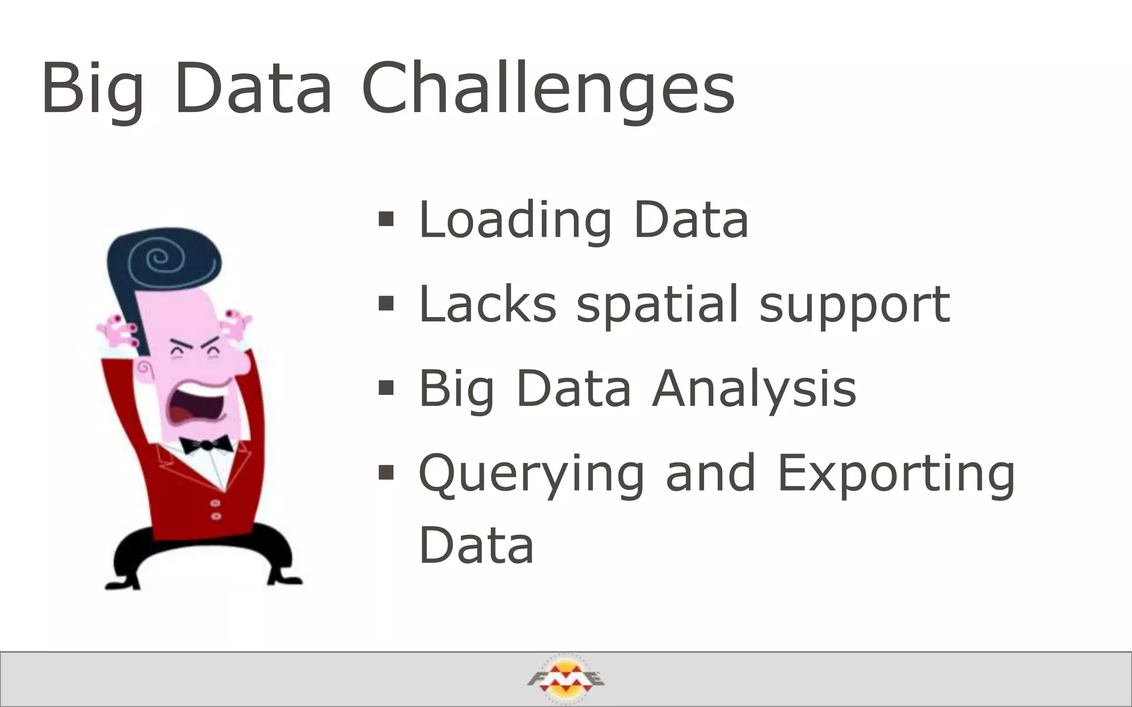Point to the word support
click(x=855, y=305)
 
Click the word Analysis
click(x=754, y=389)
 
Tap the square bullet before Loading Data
click(x=386, y=220)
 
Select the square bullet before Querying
click(x=386, y=473)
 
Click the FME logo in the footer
click(x=565, y=679)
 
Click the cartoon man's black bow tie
click(x=205, y=444)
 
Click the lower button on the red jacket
click(x=216, y=516)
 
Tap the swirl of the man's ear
click(x=145, y=368)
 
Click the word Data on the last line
click(x=476, y=546)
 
